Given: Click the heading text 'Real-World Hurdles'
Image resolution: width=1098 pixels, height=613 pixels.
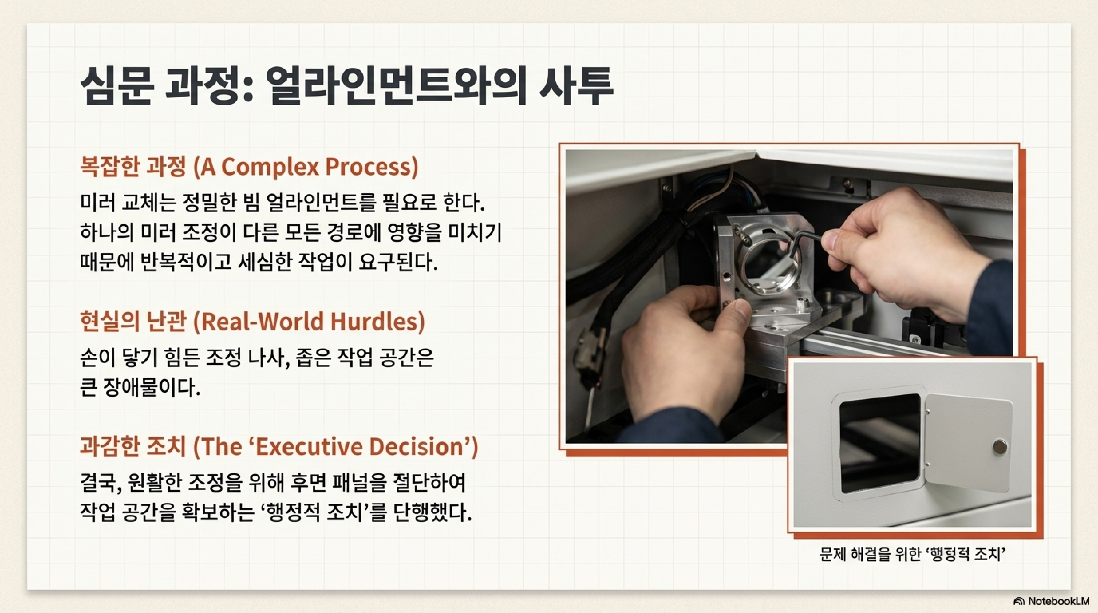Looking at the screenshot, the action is click(309, 322).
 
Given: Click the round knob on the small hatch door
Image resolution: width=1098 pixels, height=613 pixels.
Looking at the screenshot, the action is click(1000, 447).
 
